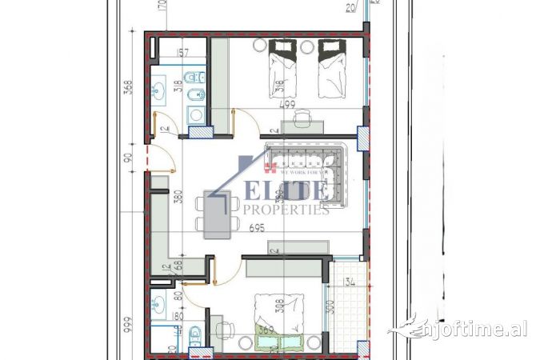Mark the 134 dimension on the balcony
pyautogui.click(x=349, y=282)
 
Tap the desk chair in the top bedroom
pyautogui.click(x=302, y=118)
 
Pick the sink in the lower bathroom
pyautogui.click(x=158, y=305)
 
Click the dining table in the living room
pyautogui.click(x=216, y=214)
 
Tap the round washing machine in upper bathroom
pyautogui.click(x=195, y=115)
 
